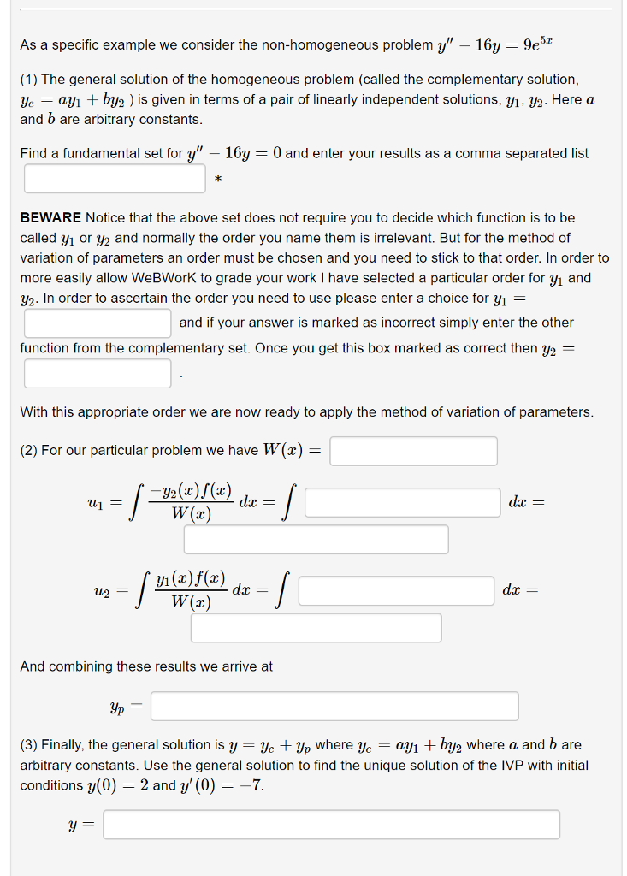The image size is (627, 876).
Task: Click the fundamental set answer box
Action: click(x=115, y=179)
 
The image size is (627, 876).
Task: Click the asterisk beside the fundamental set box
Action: click(x=218, y=180)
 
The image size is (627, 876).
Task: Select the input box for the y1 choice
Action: click(x=98, y=323)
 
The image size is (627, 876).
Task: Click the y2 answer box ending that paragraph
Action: click(x=98, y=373)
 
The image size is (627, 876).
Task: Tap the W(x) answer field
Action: click(x=414, y=451)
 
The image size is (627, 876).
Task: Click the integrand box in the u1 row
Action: click(x=402, y=503)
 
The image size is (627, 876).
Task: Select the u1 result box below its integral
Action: click(x=316, y=539)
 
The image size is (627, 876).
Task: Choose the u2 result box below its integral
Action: click(x=316, y=627)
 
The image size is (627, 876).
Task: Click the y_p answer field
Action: click(x=334, y=706)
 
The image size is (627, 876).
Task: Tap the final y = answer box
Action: click(x=332, y=825)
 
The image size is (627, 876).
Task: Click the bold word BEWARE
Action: click(x=50, y=218)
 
